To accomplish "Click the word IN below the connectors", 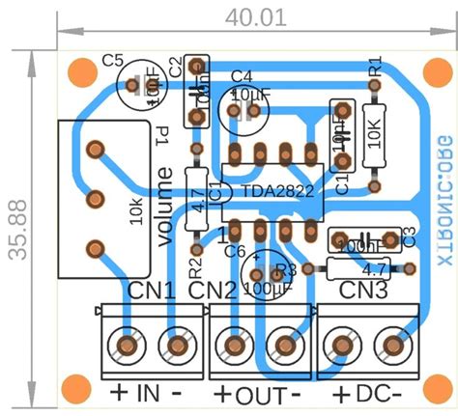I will click(x=146, y=393).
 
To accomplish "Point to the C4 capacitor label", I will click(x=242, y=75).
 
